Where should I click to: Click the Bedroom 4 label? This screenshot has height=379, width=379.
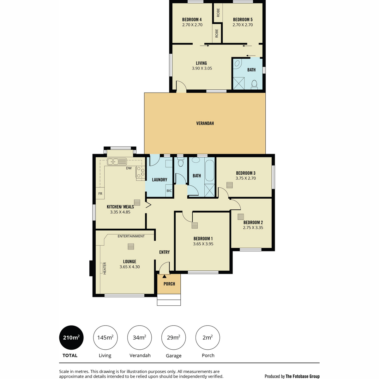[x=192, y=20]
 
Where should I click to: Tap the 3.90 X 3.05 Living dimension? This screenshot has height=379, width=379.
[x=202, y=68]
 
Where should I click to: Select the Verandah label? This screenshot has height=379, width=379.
[x=205, y=123]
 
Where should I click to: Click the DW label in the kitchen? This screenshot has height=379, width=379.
[x=129, y=168]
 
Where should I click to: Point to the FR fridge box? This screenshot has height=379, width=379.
[x=100, y=193]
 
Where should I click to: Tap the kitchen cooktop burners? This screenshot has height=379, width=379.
[x=141, y=172]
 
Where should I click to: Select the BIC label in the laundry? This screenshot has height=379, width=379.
[x=169, y=190]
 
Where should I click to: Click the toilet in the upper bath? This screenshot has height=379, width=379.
[x=254, y=85]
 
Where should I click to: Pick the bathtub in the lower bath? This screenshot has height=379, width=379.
[x=210, y=170]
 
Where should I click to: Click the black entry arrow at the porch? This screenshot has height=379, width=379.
[x=165, y=276]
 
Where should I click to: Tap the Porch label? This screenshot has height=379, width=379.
[x=169, y=284]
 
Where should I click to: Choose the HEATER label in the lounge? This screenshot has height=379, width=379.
[x=105, y=268]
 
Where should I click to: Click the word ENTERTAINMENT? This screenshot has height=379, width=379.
[x=131, y=236]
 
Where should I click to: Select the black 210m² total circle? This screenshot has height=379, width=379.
[x=71, y=338]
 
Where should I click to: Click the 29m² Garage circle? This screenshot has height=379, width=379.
[x=173, y=338]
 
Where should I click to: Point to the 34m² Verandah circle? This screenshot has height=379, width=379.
[x=140, y=338]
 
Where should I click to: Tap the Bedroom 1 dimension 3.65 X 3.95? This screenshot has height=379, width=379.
[x=203, y=244]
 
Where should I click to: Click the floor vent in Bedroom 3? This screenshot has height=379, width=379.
[x=229, y=185]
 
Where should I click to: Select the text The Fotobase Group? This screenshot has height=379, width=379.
[x=303, y=376]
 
